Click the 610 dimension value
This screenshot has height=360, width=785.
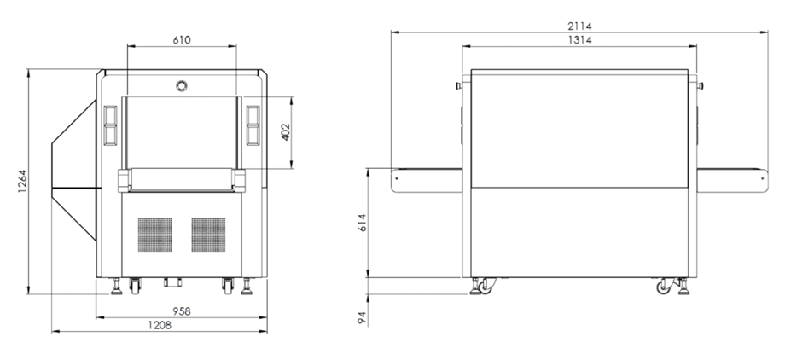182,39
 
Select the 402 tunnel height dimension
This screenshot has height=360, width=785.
285,132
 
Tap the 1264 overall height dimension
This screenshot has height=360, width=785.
22,181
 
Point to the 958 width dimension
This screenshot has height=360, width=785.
182,311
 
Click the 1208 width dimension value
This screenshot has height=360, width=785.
160,326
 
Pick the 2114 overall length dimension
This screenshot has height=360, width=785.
579,26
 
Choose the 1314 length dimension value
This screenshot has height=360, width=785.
579,40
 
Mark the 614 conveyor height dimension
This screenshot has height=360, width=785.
363,223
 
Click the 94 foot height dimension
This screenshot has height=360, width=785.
363,317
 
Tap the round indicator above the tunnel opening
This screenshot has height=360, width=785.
182,85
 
